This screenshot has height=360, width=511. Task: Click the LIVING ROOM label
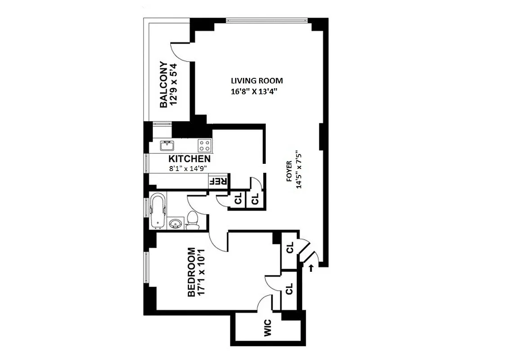point(257,81)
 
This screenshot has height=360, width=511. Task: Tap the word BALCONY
point(164,85)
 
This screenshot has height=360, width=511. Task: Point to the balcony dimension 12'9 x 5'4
point(175,85)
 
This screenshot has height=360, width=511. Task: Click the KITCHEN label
point(189,159)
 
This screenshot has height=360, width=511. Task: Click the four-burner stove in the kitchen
point(204,145)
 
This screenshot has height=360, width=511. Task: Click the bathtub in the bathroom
point(158,210)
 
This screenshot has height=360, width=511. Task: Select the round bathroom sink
point(175,223)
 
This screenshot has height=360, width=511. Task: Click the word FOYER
point(289,171)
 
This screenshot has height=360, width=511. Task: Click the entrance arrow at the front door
point(311,269)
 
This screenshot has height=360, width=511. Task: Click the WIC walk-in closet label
point(267,329)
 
